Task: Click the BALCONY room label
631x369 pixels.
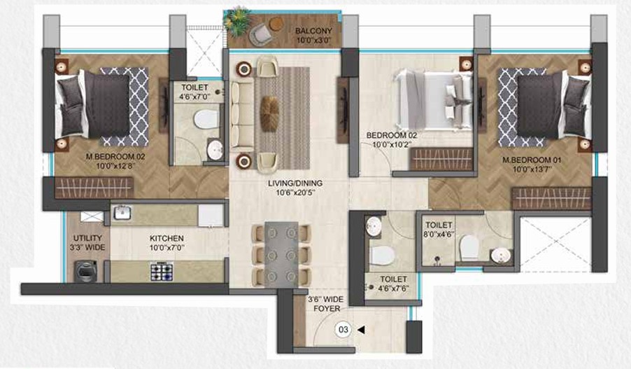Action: click(x=313, y=31)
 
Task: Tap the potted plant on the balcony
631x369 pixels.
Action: click(x=237, y=20)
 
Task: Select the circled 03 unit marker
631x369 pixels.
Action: click(x=343, y=330)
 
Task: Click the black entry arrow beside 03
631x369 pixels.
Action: click(x=361, y=330)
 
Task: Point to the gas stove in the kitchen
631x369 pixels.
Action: click(x=162, y=272)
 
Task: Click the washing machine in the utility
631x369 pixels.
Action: click(x=86, y=271)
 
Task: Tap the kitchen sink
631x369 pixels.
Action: click(x=122, y=213)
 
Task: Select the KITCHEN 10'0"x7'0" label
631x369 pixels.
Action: click(x=166, y=243)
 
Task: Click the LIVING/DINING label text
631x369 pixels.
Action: click(x=295, y=183)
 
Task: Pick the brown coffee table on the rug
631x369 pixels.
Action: click(x=269, y=113)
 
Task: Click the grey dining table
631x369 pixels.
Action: click(x=281, y=254)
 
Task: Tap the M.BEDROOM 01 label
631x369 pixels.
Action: click(x=532, y=160)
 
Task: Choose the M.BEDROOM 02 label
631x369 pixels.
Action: click(x=115, y=156)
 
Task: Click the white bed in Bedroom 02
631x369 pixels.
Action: click(x=432, y=99)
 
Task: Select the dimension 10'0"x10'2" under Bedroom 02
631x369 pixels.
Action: click(x=391, y=145)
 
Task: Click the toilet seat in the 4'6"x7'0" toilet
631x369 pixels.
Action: click(x=206, y=120)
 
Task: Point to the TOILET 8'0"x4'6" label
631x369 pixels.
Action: click(x=439, y=230)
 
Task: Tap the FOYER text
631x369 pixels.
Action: click(x=327, y=309)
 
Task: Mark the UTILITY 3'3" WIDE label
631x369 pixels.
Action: click(x=87, y=243)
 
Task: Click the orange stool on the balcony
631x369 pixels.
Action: click(x=276, y=25)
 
